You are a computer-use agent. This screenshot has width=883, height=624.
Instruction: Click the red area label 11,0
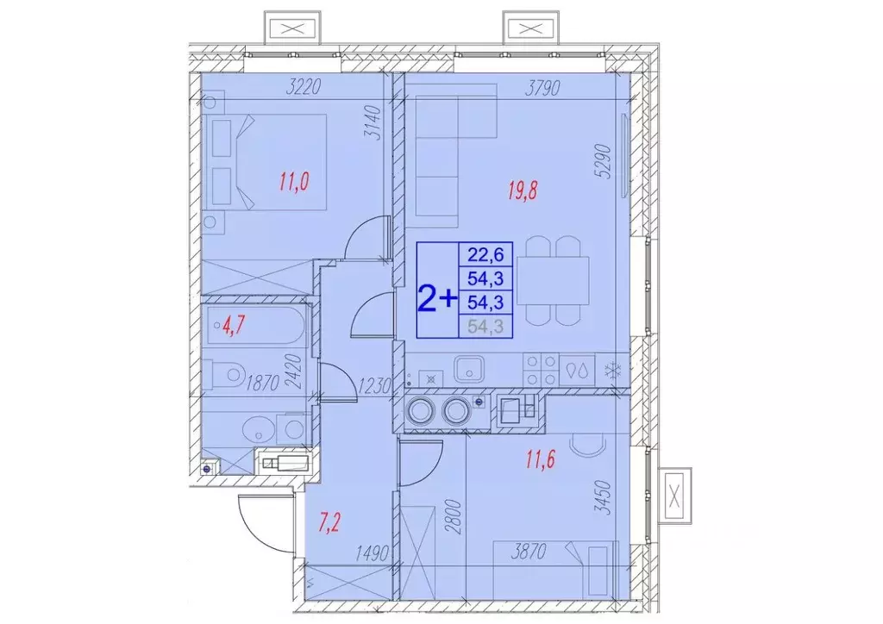(295, 182)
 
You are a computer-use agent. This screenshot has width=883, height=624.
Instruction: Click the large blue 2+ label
(437, 299)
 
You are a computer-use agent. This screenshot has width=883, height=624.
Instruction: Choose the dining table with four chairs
(552, 280)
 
